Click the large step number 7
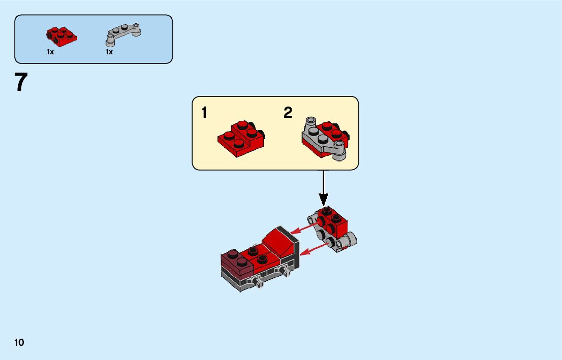[21, 83]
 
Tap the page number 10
[19, 342]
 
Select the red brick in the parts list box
[61, 34]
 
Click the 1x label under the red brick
[50, 52]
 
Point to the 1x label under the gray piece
[109, 52]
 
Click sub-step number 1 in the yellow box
[204, 113]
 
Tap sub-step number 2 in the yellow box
[288, 113]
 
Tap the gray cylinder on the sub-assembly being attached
[351, 241]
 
